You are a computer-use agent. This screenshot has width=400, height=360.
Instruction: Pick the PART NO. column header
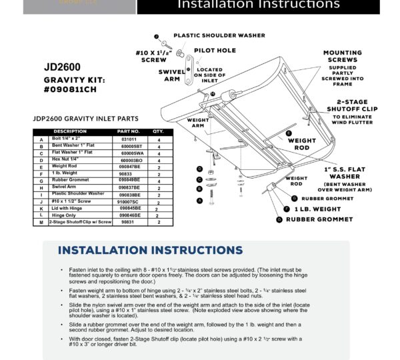click(128, 131)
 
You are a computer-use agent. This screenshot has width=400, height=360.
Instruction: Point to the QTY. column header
click(158, 131)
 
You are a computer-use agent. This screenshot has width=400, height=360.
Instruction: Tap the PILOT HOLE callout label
click(214, 51)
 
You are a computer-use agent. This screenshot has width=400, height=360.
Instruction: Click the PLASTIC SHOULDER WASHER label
click(219, 35)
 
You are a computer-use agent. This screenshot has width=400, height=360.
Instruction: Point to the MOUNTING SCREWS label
click(343, 57)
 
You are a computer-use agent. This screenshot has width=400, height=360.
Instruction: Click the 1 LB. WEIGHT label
click(317, 209)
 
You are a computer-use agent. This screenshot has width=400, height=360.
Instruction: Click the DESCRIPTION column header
click(70, 131)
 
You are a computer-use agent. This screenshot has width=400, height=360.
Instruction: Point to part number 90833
click(127, 173)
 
